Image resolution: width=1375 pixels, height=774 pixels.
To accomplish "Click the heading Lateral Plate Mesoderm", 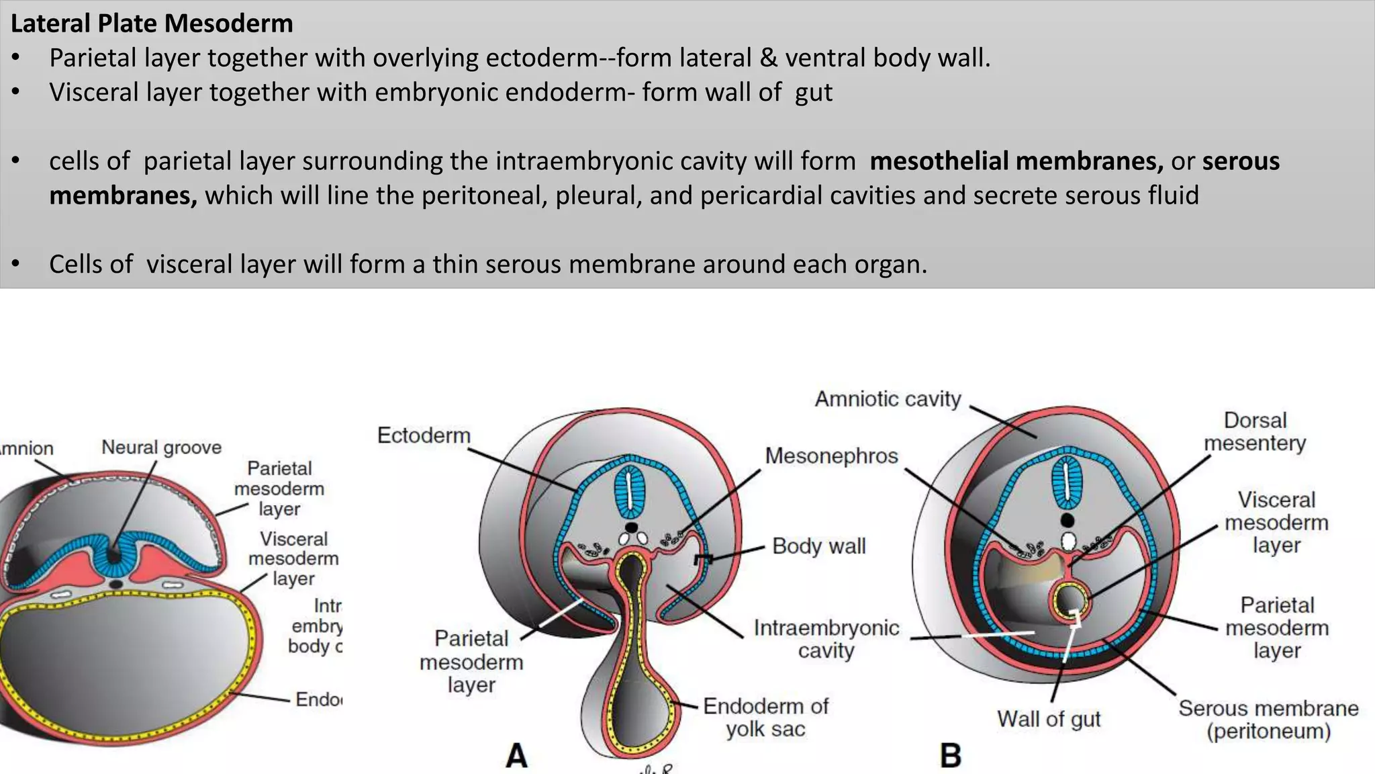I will tap(152, 24).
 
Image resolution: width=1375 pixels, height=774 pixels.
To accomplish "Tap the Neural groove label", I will tap(161, 447).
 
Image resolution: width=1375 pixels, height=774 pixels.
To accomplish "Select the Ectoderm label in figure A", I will tap(424, 435).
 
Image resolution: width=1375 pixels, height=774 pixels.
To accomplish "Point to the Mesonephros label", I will tap(831, 456).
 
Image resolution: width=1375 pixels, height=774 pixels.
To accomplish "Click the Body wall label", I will tap(818, 546).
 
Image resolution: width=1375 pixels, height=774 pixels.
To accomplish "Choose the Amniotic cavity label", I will tap(888, 399).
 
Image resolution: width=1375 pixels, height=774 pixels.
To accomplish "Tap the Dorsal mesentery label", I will tap(1255, 431).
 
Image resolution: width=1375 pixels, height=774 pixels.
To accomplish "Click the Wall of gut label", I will tap(1049, 719).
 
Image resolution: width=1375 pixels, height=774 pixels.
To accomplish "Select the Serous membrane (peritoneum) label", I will tap(1268, 720).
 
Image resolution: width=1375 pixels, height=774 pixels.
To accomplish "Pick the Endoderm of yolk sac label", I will tap(765, 718).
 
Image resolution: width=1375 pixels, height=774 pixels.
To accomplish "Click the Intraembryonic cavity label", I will tap(826, 639).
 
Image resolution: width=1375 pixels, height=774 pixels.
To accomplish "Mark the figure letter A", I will tap(516, 755).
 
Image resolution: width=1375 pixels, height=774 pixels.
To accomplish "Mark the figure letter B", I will tap(951, 755).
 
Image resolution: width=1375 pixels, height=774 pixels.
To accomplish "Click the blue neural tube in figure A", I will tap(630, 492).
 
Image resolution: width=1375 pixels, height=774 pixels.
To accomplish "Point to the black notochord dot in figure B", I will tap(1067, 520).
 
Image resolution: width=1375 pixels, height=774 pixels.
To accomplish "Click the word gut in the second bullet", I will tap(813, 93).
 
